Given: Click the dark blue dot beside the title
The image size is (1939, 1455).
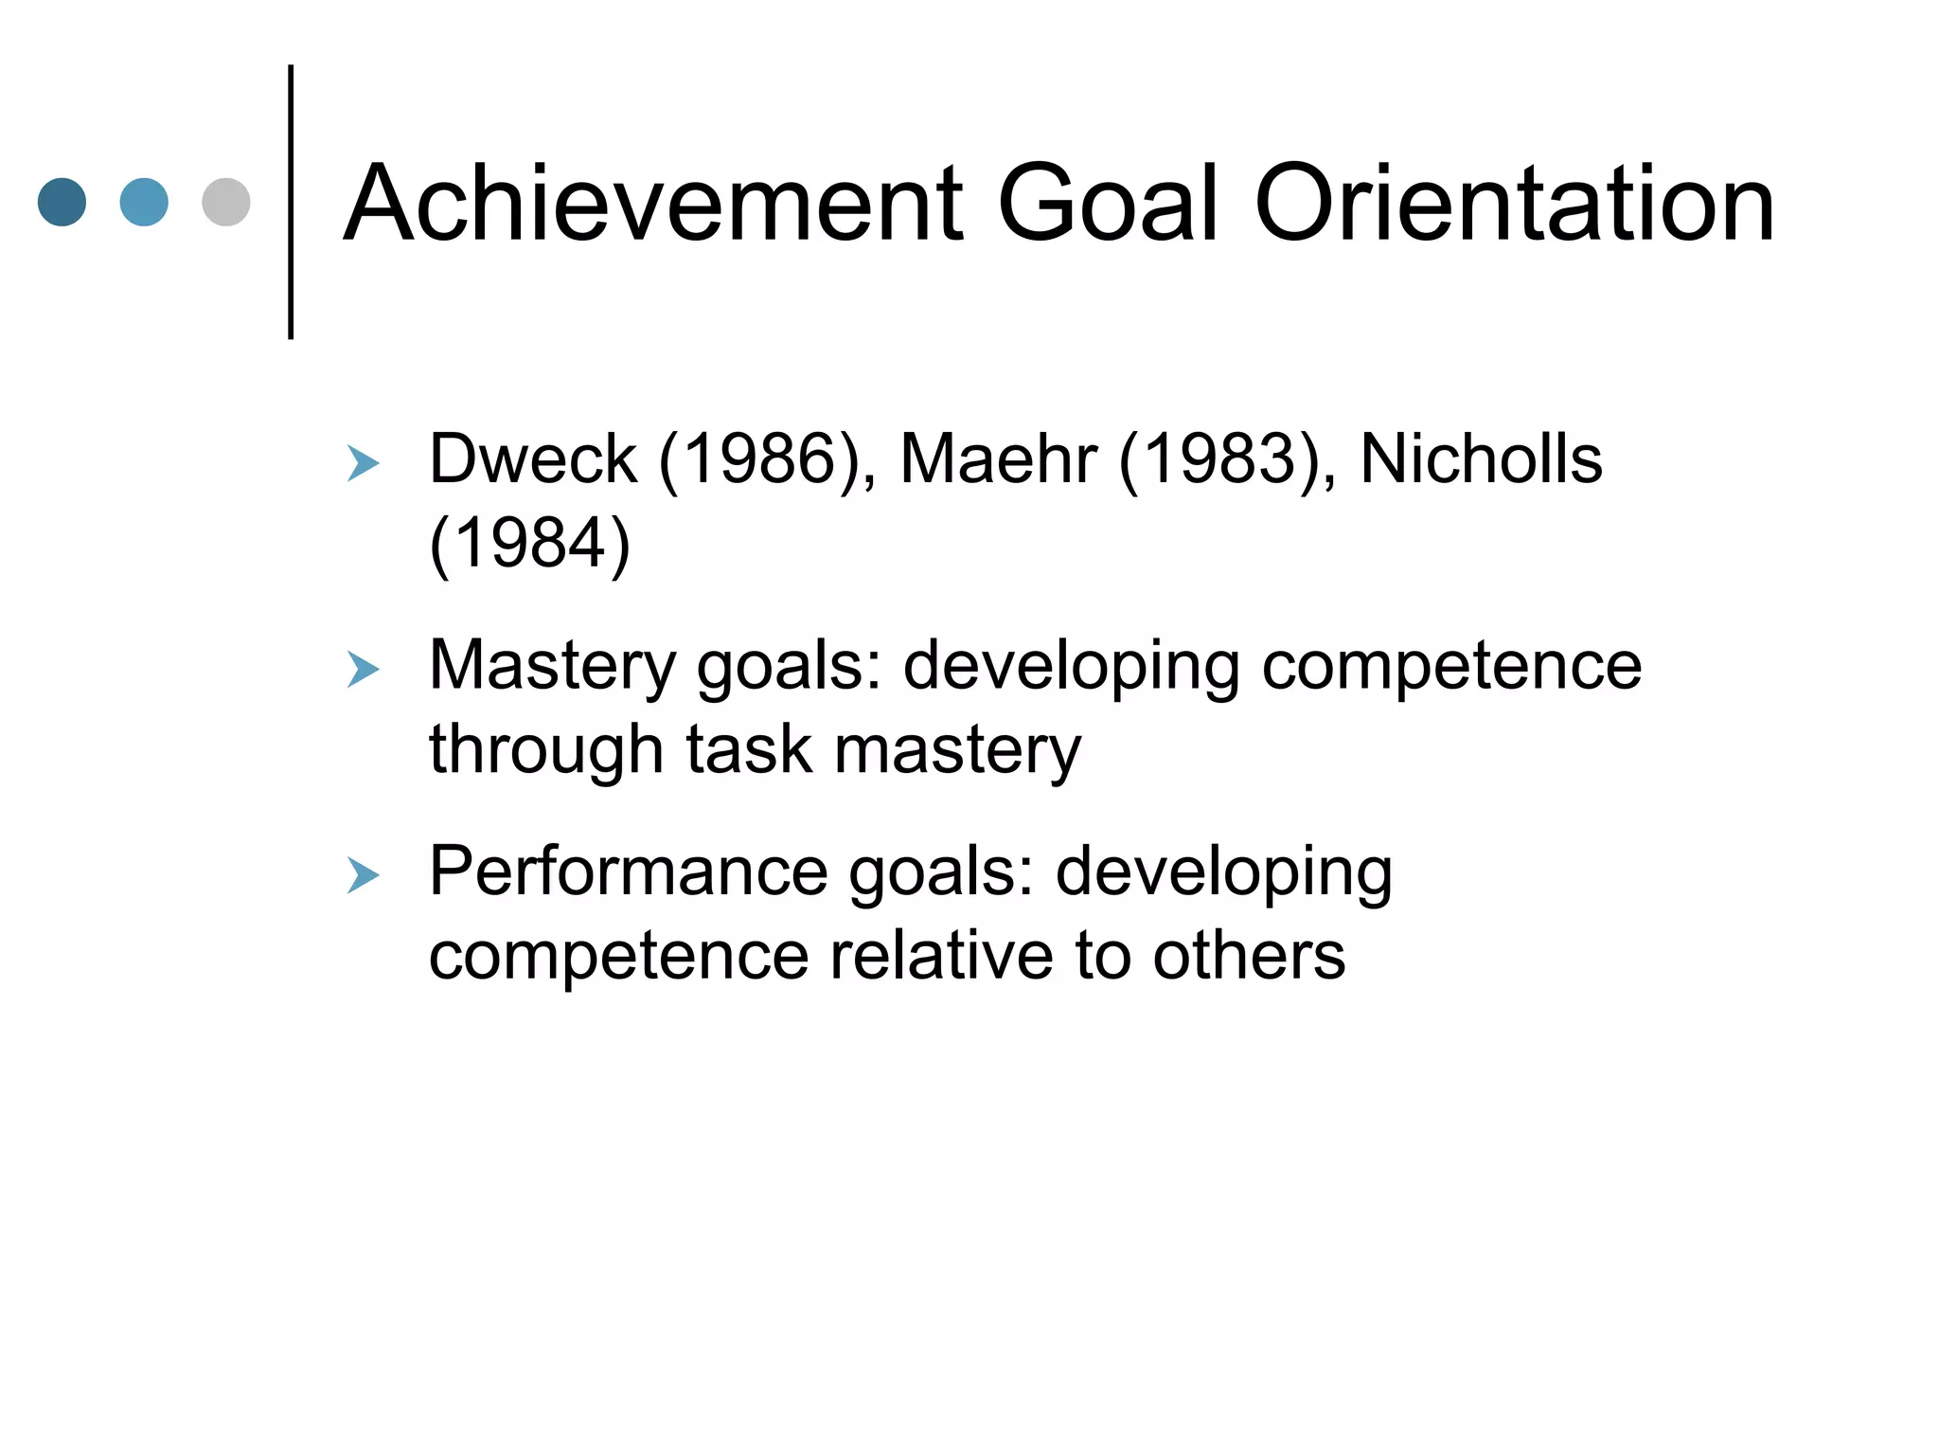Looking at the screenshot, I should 62,202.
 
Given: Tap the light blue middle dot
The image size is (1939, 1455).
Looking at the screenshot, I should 144,202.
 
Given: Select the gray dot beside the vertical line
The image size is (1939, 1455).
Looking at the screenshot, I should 226,202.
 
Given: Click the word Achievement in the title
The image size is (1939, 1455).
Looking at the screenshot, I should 654,204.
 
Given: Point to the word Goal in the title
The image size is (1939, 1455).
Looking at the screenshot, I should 1107,204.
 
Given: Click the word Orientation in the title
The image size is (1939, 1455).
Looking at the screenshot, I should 1514,204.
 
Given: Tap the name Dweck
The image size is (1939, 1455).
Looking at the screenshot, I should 533,459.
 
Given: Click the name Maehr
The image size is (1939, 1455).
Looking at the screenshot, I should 998,459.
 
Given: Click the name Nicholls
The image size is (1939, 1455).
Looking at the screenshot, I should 1481,459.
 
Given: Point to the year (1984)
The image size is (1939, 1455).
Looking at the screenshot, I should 530,544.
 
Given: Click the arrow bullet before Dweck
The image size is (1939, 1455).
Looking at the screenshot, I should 363,463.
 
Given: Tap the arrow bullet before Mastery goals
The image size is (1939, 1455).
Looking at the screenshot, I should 363,670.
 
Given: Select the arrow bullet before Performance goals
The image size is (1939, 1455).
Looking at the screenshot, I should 363,875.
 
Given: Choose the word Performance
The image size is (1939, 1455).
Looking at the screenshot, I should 629,871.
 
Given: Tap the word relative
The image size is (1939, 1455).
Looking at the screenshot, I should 941,956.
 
